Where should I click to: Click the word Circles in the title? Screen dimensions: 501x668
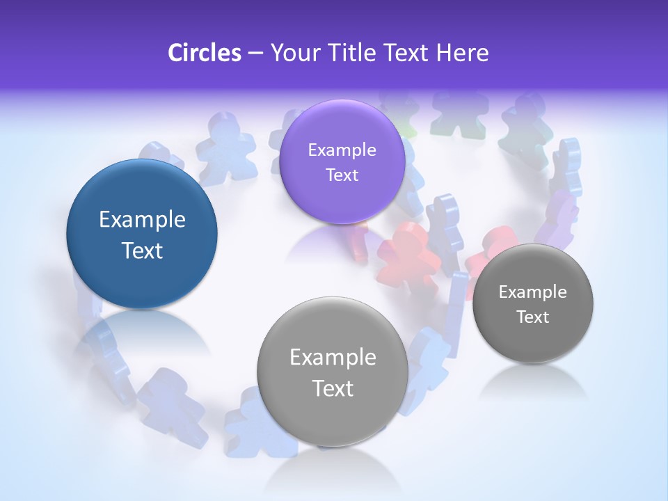[x=205, y=53]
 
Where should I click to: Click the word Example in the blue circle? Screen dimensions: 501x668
[x=142, y=220]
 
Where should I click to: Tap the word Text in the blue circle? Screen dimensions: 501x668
[x=142, y=250]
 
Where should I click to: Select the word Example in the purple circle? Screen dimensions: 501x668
[x=342, y=150]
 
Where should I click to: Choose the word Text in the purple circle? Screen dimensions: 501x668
[x=342, y=175]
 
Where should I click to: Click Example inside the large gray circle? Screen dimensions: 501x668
[x=333, y=357]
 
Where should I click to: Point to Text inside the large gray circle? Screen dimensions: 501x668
[x=333, y=388]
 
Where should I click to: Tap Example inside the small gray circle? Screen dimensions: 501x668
[x=532, y=292]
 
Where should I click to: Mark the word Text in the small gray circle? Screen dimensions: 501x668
[x=532, y=317]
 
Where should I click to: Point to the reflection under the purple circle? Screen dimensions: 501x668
[x=327, y=240]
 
